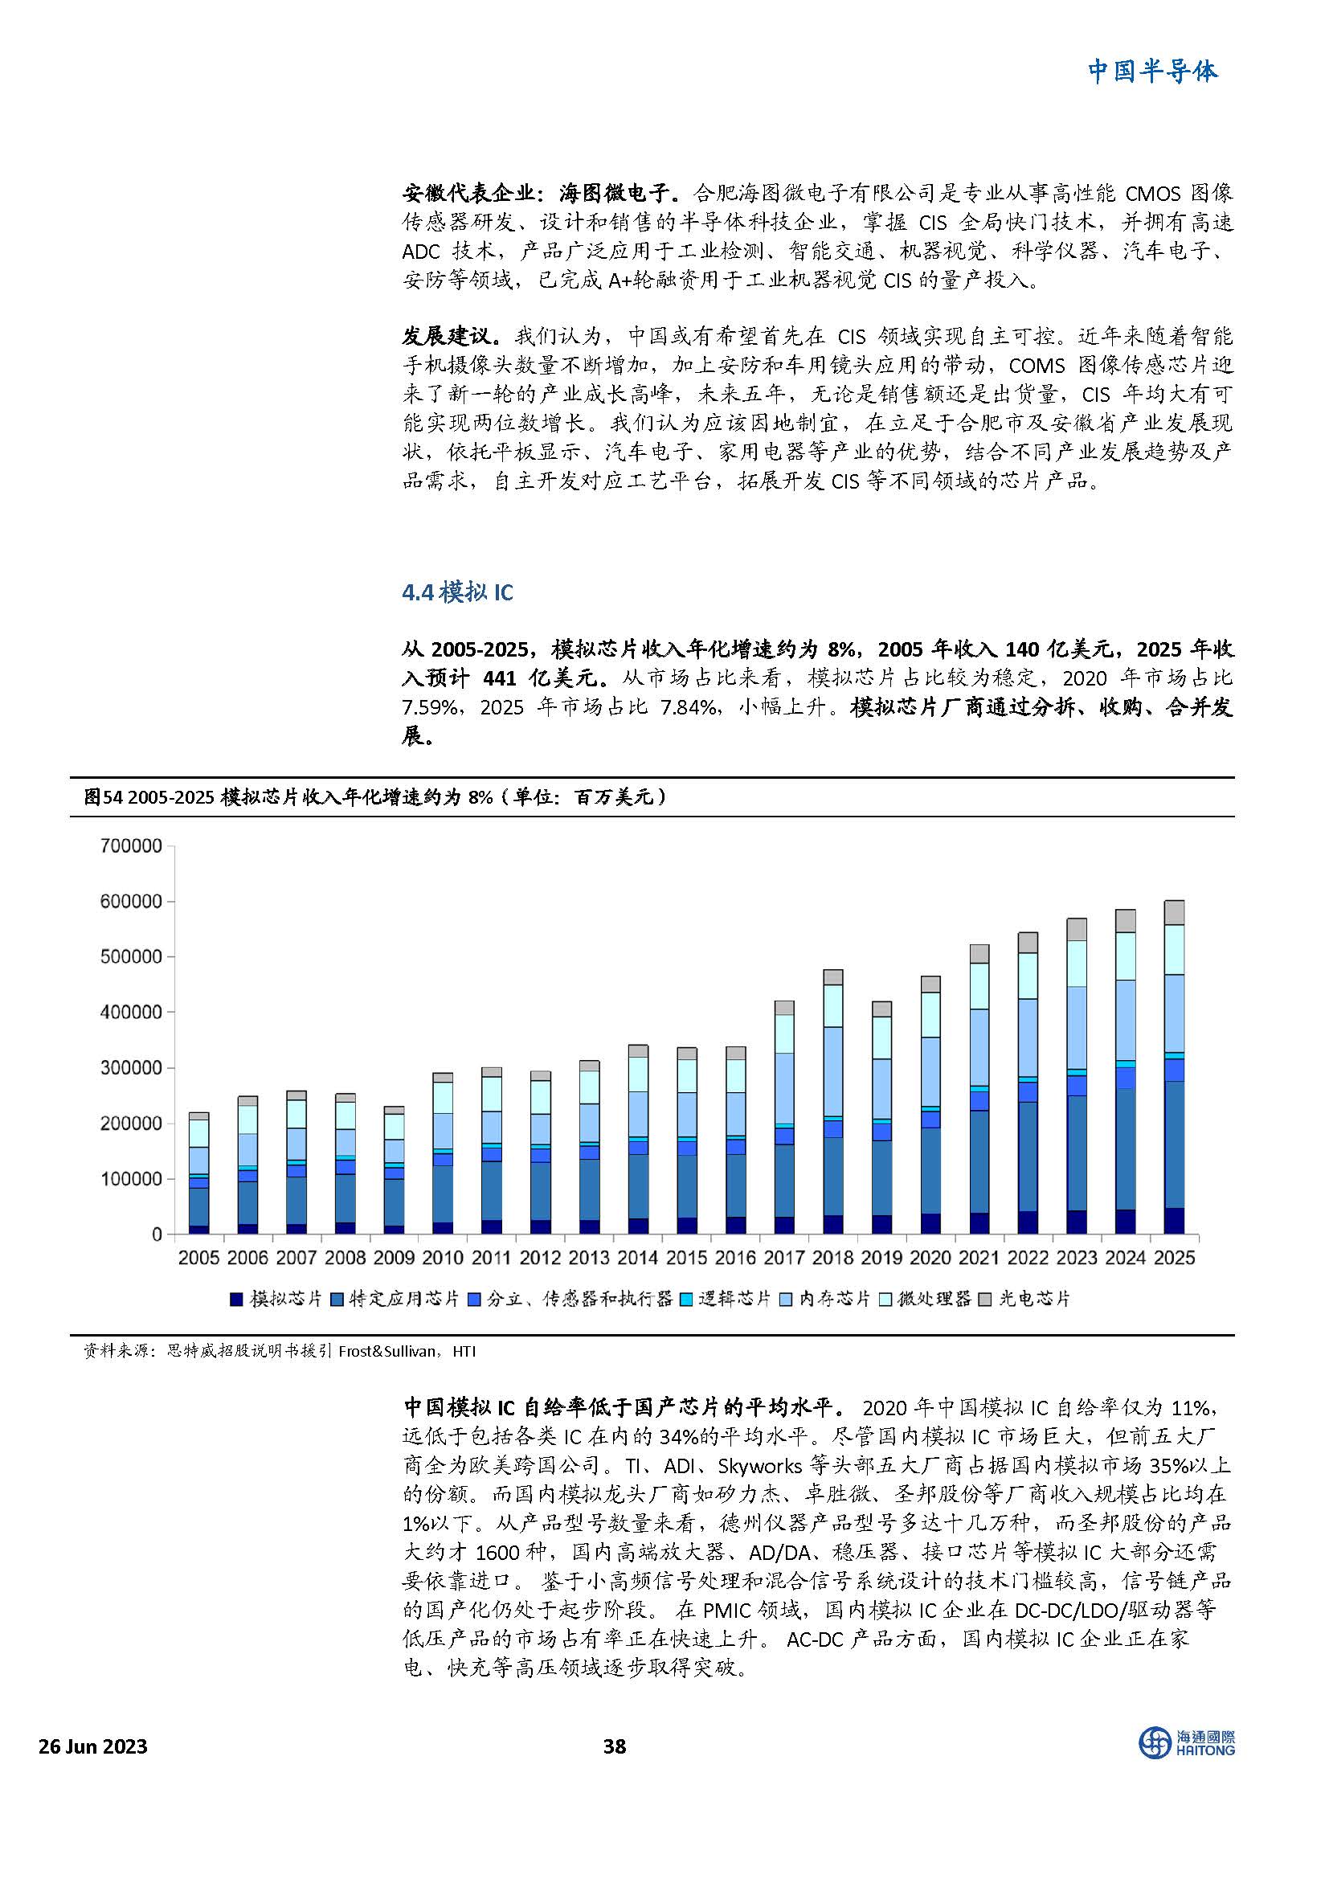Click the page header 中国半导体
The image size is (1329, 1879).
[x=1151, y=72]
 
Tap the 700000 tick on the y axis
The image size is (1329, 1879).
[x=131, y=845]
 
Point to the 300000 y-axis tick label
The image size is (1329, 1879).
[x=131, y=1068]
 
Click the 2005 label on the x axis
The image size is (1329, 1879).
[x=198, y=1258]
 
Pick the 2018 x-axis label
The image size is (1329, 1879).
[x=833, y=1258]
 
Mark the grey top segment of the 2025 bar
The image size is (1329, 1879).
[x=1175, y=912]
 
